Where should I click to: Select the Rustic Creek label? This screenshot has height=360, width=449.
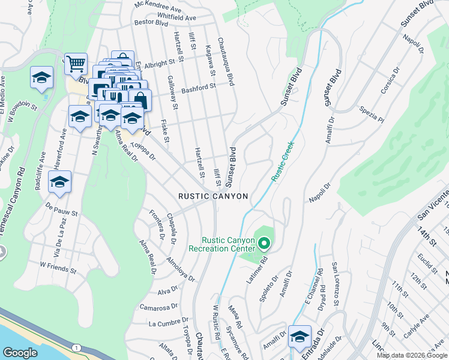[x=282, y=161]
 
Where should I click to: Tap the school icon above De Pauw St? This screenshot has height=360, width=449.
[x=59, y=182]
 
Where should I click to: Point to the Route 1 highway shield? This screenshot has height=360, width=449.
[x=76, y=348]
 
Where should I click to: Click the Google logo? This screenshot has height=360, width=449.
[x=20, y=353]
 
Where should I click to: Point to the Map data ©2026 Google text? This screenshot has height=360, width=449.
[x=412, y=355]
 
